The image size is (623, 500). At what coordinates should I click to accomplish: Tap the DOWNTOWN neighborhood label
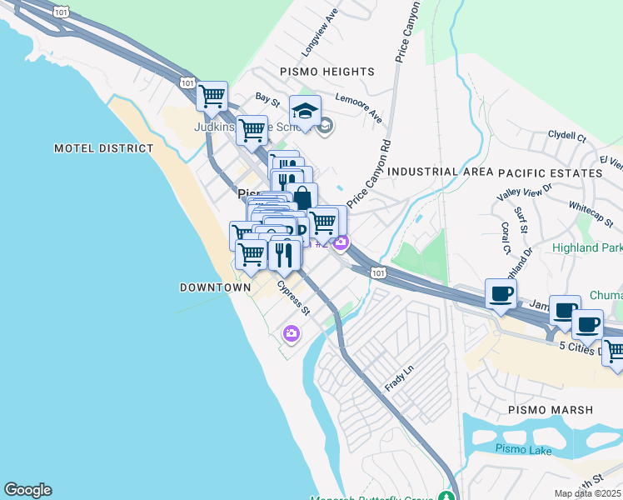pos(215,287)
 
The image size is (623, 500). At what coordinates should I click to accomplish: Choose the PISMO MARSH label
pos(551,410)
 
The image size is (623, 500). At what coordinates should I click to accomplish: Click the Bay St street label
pos(267,99)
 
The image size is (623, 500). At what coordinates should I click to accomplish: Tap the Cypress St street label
pos(293,297)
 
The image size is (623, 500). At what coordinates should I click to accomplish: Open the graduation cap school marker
pos(306,112)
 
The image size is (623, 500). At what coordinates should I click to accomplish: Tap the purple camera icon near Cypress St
pos(291,333)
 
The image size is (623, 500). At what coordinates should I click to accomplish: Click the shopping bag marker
pos(302,198)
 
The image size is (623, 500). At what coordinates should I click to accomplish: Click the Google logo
pos(27,490)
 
